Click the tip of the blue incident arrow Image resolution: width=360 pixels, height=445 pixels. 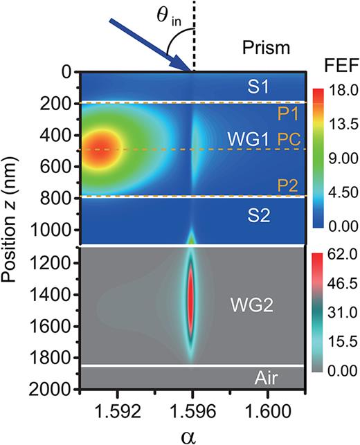pos(190,69)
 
